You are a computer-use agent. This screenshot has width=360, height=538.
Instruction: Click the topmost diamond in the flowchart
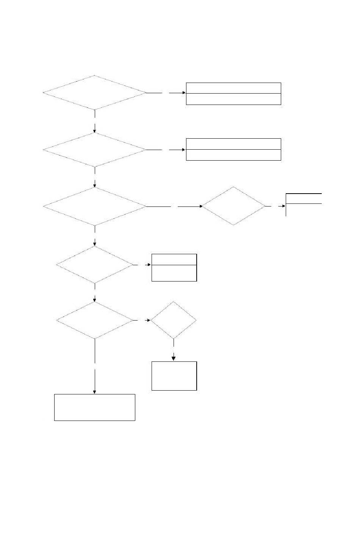94,92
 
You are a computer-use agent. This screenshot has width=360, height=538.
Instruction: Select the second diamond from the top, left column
94,150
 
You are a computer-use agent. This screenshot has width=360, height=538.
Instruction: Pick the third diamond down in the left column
94,206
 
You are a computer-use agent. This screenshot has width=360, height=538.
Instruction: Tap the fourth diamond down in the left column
95,265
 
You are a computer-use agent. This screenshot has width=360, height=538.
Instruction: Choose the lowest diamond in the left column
95,321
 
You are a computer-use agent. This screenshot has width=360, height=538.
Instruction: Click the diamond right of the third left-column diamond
233,206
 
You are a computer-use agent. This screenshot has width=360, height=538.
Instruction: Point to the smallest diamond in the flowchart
174,320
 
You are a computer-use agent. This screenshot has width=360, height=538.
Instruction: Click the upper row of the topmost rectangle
233,88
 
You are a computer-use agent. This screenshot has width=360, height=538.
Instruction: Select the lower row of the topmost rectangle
233,99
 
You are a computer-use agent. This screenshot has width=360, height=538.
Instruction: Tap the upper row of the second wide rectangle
233,144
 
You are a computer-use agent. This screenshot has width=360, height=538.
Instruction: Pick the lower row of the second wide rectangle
233,155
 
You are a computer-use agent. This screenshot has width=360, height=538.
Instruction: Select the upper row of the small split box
174,260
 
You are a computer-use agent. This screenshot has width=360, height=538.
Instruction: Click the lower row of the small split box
174,273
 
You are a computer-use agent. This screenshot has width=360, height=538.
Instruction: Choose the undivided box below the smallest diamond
174,376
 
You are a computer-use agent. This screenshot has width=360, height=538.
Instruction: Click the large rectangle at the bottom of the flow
95,407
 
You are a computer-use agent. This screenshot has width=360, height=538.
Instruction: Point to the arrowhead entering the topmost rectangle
184,92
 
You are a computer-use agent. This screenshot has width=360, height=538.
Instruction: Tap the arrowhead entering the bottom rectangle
94,392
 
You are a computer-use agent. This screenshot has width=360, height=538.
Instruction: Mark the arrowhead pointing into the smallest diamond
149,321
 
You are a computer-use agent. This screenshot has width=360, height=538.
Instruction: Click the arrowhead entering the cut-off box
284,206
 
